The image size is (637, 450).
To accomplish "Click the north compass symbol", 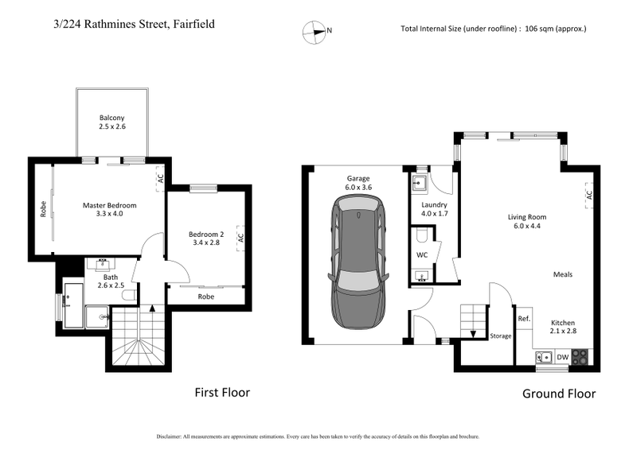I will pyautogui.click(x=316, y=32).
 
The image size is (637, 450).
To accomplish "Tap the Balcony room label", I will pyautogui.click(x=112, y=122).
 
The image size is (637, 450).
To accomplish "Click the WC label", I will pyautogui.click(x=422, y=254).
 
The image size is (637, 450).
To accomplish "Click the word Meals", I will pyautogui.click(x=563, y=274).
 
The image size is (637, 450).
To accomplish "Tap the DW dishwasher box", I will pyautogui.click(x=561, y=357).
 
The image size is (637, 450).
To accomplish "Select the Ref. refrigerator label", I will pyautogui.click(x=524, y=319).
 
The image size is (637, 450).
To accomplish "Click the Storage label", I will pyautogui.click(x=500, y=336).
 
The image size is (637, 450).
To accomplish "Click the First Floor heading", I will pyautogui.click(x=222, y=393).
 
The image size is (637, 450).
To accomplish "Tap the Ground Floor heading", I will pyautogui.click(x=558, y=394).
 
